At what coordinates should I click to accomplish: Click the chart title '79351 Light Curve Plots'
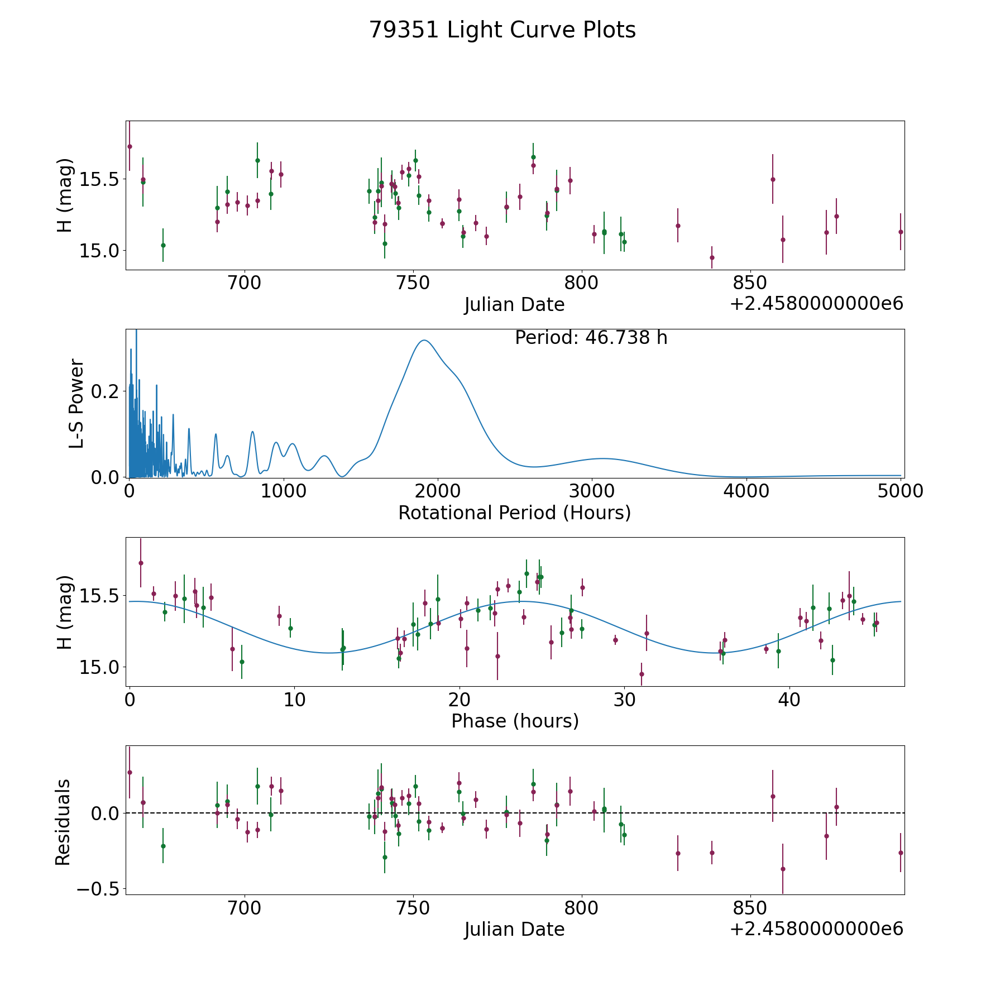[502, 30]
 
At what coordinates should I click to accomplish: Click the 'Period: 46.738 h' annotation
[591, 338]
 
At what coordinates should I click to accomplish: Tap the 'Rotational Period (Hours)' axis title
[515, 513]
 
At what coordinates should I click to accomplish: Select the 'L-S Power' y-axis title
[76, 404]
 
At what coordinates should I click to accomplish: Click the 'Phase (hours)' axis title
[515, 721]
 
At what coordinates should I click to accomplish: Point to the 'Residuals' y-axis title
[63, 822]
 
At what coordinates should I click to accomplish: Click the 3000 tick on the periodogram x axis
[592, 491]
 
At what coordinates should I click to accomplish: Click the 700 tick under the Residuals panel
[245, 908]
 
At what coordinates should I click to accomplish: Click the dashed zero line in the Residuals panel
[515, 813]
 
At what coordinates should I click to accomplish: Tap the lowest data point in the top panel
[712, 257]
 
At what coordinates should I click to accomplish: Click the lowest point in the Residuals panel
[783, 869]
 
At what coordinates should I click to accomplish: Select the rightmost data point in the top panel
[901, 232]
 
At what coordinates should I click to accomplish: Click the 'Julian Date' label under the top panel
[515, 305]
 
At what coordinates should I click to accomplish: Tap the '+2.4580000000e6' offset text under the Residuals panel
[816, 929]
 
